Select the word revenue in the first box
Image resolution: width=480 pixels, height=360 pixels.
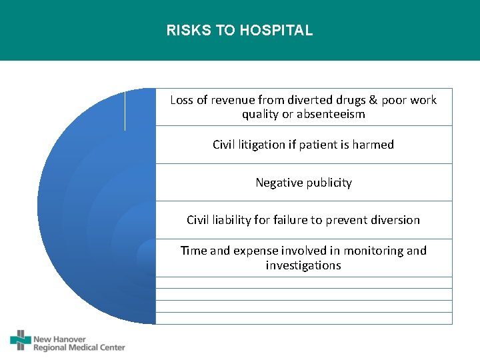tap(234, 100)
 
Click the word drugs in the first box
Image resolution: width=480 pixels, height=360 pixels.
tap(349, 100)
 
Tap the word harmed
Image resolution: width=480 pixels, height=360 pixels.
tap(374, 145)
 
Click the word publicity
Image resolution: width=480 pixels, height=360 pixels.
tap(329, 183)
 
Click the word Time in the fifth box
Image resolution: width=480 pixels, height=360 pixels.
tap(193, 251)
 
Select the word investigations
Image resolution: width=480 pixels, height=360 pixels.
tap(303, 265)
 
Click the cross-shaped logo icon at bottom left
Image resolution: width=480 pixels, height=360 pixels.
tap(21, 340)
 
